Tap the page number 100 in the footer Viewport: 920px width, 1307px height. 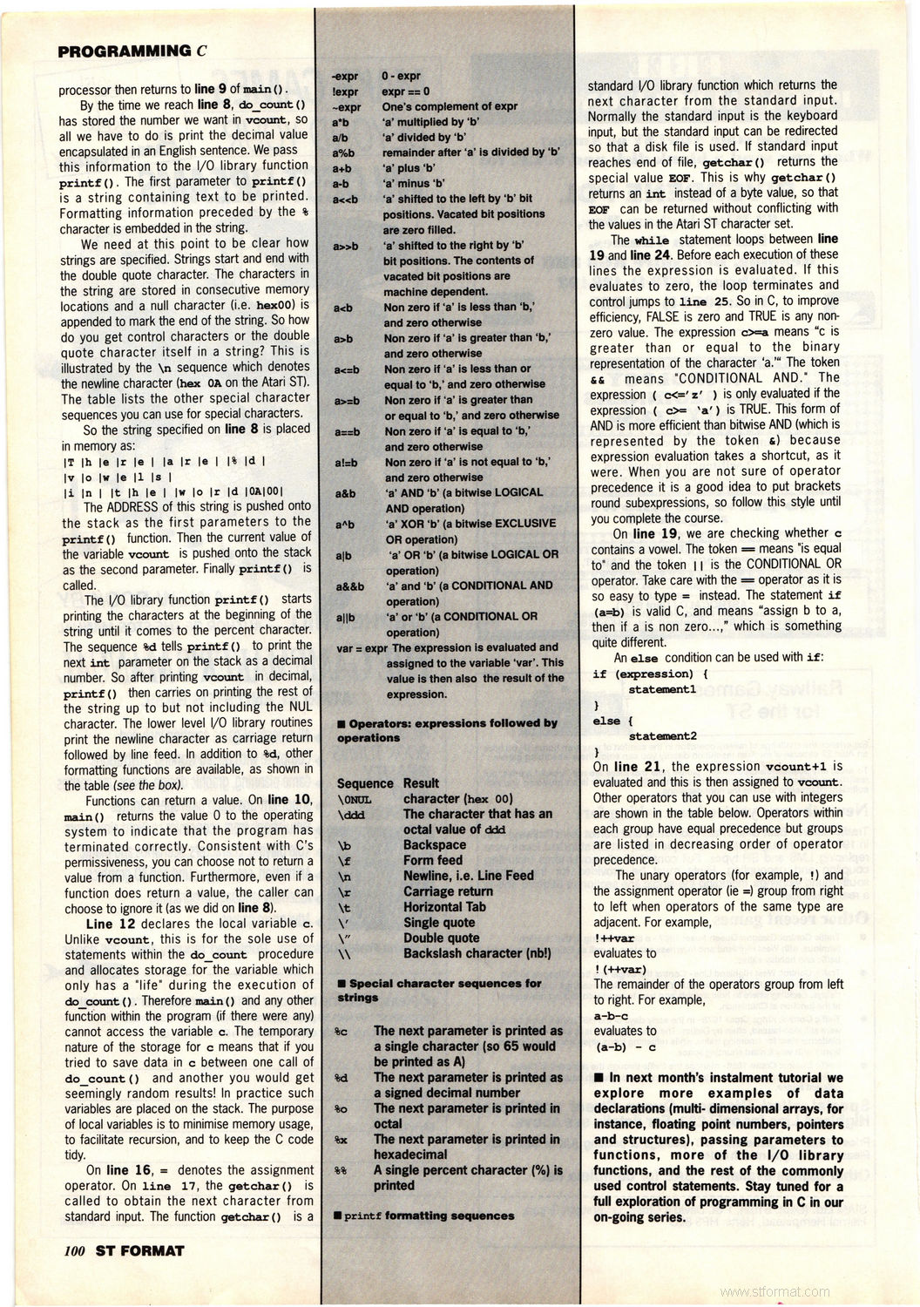[73, 1250]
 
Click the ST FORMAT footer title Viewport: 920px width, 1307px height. [140, 1250]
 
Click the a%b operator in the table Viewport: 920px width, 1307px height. [342, 152]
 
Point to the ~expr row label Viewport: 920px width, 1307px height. [346, 106]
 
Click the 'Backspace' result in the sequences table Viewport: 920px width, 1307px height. [434, 844]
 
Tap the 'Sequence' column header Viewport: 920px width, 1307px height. [365, 783]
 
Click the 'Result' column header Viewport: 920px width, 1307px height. [421, 783]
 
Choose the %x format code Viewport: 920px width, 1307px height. [342, 1140]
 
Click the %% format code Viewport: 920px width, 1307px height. [342, 1171]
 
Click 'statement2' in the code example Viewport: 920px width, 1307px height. [662, 735]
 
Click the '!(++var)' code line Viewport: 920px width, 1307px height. [619, 969]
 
